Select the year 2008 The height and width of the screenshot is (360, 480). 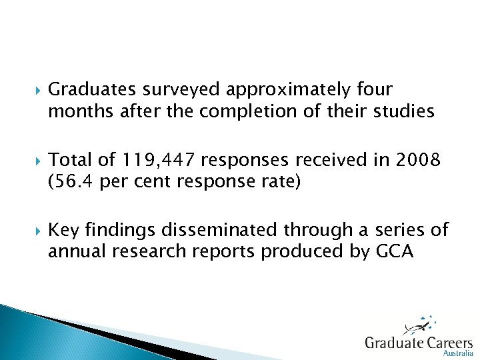click(418, 160)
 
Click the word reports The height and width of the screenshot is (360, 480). click(224, 252)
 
